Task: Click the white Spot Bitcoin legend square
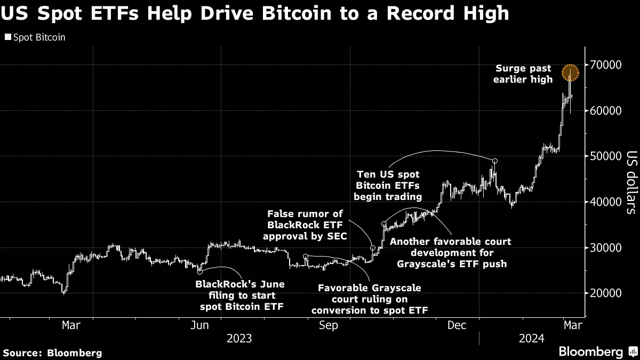coord(7,38)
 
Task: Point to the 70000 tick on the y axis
coord(605,65)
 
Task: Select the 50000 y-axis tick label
coord(605,156)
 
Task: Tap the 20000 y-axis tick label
coord(605,293)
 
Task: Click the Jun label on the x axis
coord(199,325)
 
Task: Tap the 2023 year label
coord(239,339)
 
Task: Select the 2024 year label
coord(531,339)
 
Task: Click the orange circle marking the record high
coord(570,71)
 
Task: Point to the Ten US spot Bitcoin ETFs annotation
coord(389,186)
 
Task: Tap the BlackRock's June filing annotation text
coord(240,295)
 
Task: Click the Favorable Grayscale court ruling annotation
coord(369,299)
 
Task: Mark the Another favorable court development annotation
coord(450,253)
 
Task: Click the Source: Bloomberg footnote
coord(52,353)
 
